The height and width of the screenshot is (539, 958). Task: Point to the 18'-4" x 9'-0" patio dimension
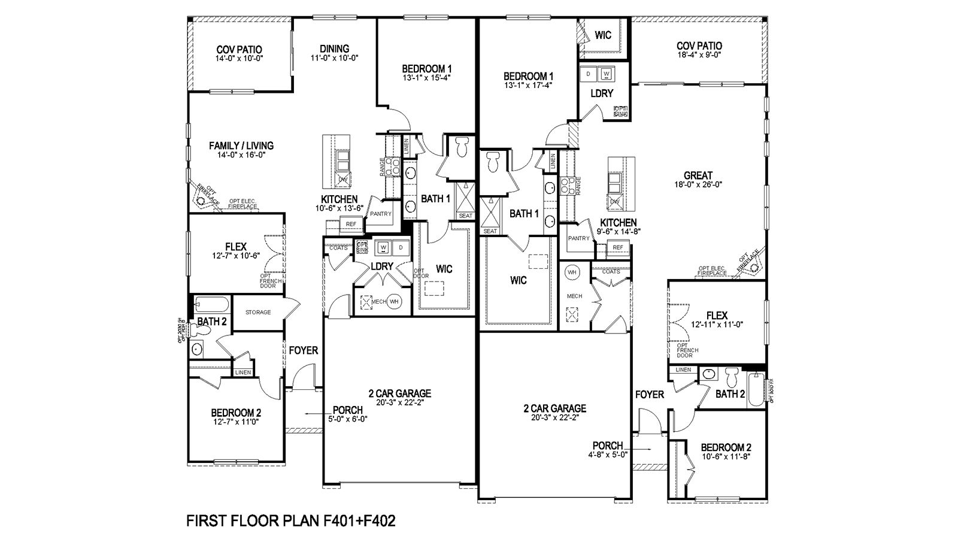[699, 54]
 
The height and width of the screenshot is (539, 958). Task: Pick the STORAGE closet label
[258, 312]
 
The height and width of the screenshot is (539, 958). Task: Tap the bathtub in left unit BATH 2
[211, 305]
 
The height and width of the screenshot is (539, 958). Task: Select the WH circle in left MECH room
[394, 302]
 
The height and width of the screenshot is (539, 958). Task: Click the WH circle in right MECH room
[572, 272]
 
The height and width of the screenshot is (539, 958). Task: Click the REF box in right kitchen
[617, 247]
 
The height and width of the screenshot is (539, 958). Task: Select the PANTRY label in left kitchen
[380, 214]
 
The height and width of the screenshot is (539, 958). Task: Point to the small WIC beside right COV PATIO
[603, 35]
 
